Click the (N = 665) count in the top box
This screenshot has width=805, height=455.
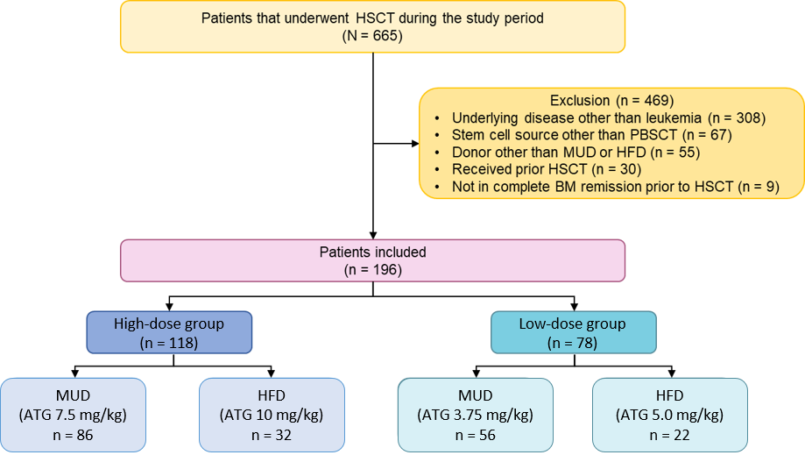pyautogui.click(x=372, y=36)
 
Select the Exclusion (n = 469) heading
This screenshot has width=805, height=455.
pyautogui.click(x=611, y=100)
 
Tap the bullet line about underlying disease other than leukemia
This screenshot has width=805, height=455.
pyautogui.click(x=609, y=117)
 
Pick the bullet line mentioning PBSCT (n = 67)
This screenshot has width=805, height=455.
pyautogui.click(x=591, y=135)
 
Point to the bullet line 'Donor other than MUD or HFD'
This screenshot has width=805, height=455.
pyautogui.click(x=576, y=153)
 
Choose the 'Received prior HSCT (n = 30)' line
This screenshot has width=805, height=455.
pyautogui.click(x=547, y=169)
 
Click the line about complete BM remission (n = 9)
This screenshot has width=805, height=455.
pyautogui.click(x=616, y=187)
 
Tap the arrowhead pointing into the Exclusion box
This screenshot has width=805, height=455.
pyautogui.click(x=415, y=144)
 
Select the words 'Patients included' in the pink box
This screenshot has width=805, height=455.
pyautogui.click(x=373, y=252)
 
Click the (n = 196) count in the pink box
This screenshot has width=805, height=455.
pyautogui.click(x=373, y=270)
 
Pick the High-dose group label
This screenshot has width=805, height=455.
pyautogui.click(x=169, y=324)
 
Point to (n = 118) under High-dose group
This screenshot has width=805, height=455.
pyautogui.click(x=169, y=343)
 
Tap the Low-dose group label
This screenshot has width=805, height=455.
pyautogui.click(x=572, y=324)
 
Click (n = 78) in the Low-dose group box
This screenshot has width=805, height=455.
pyautogui.click(x=572, y=343)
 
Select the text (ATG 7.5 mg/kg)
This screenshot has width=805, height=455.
pyautogui.click(x=73, y=415)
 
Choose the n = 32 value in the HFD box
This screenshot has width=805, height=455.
pyautogui.click(x=272, y=436)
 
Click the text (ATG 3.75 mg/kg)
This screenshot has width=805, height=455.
pyautogui.click(x=476, y=415)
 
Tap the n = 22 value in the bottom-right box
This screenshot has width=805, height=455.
pyautogui.click(x=669, y=436)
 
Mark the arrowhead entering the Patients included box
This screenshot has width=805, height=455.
pyautogui.click(x=373, y=236)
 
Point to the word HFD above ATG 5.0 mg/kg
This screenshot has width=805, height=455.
pyautogui.click(x=669, y=395)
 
